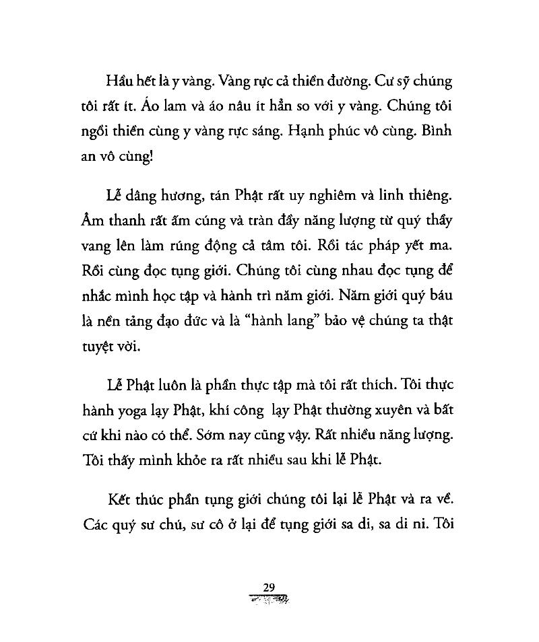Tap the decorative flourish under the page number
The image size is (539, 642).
(269, 599)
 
